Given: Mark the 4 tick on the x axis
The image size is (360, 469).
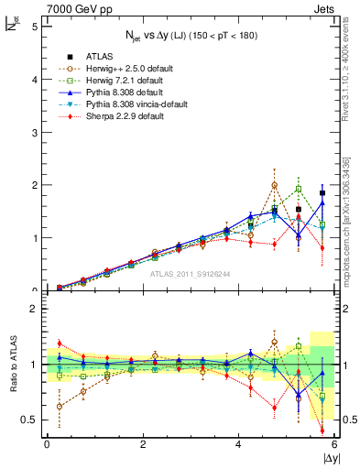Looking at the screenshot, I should click(239, 444).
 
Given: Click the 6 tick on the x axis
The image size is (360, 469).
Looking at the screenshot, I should click(335, 444).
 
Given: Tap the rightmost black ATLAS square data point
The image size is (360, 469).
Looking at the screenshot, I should click(322, 193).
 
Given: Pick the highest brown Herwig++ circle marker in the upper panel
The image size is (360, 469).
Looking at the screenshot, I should click(275, 185).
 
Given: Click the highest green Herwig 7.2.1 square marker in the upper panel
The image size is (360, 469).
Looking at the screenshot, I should click(299, 190).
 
